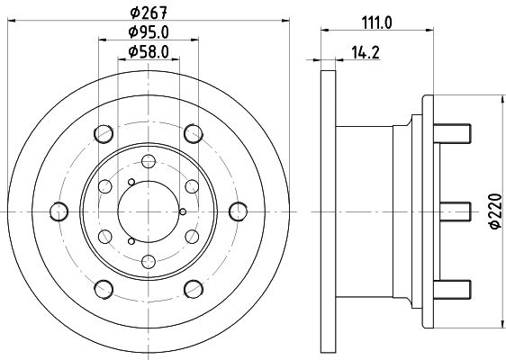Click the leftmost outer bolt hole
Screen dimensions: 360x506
(59, 211)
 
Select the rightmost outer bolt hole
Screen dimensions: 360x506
(238, 211)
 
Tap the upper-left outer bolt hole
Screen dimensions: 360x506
(104, 135)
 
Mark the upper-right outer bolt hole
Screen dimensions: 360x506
(192, 135)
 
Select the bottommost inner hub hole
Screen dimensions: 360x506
(149, 263)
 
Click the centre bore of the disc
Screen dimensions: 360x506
(149, 211)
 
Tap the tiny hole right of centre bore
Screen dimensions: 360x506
(183, 211)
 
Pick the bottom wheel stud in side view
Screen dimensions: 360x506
(456, 290)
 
